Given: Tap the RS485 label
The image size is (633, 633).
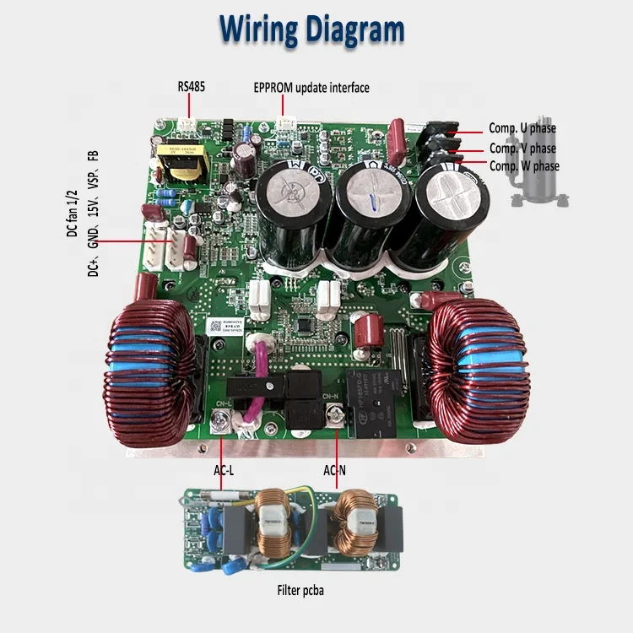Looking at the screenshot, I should coord(191,86).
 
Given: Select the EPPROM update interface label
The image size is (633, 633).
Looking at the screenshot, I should coord(311,87).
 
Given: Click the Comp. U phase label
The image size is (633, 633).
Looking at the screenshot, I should coord(522,128).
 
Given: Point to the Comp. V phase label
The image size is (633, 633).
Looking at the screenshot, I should coord(522,149).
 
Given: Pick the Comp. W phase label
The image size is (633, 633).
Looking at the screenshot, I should coord(524,166).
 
